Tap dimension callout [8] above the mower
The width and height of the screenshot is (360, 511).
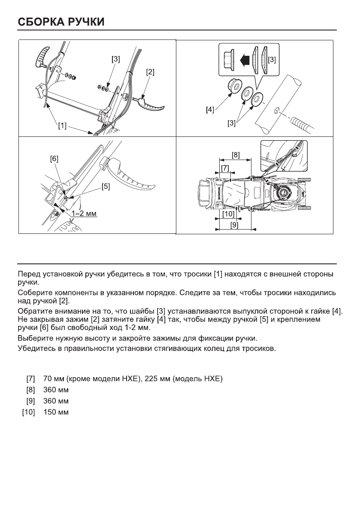click(236, 154)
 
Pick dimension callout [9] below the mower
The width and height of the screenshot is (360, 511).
click(234, 224)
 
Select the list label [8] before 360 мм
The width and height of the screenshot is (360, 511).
click(30, 391)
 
